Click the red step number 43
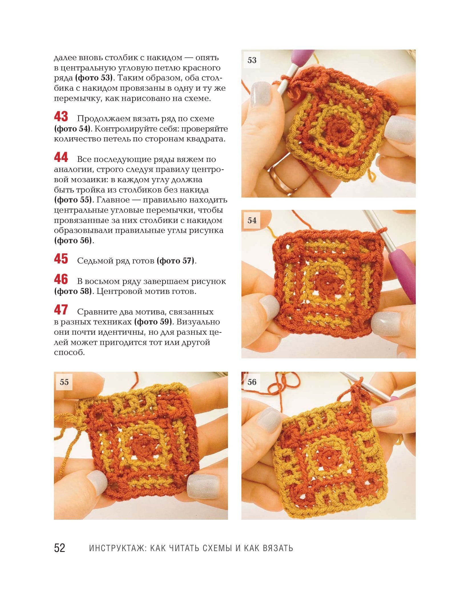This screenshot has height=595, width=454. pos(61,117)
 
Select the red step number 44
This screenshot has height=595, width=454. pos(61,157)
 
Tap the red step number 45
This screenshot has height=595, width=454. pos(61,259)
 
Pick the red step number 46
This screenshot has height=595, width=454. pos(61,279)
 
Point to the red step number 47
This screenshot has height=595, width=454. pos(61,310)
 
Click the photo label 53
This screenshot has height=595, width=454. pos(252,60)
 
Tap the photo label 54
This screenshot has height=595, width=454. pos(252,220)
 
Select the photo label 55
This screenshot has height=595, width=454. pos(64,382)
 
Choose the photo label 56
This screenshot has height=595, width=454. pos(252,382)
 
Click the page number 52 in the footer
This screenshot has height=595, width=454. pos(60,548)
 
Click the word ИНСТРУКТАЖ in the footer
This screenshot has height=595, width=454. pos(118,548)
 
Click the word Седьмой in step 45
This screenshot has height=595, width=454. pos(95,261)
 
